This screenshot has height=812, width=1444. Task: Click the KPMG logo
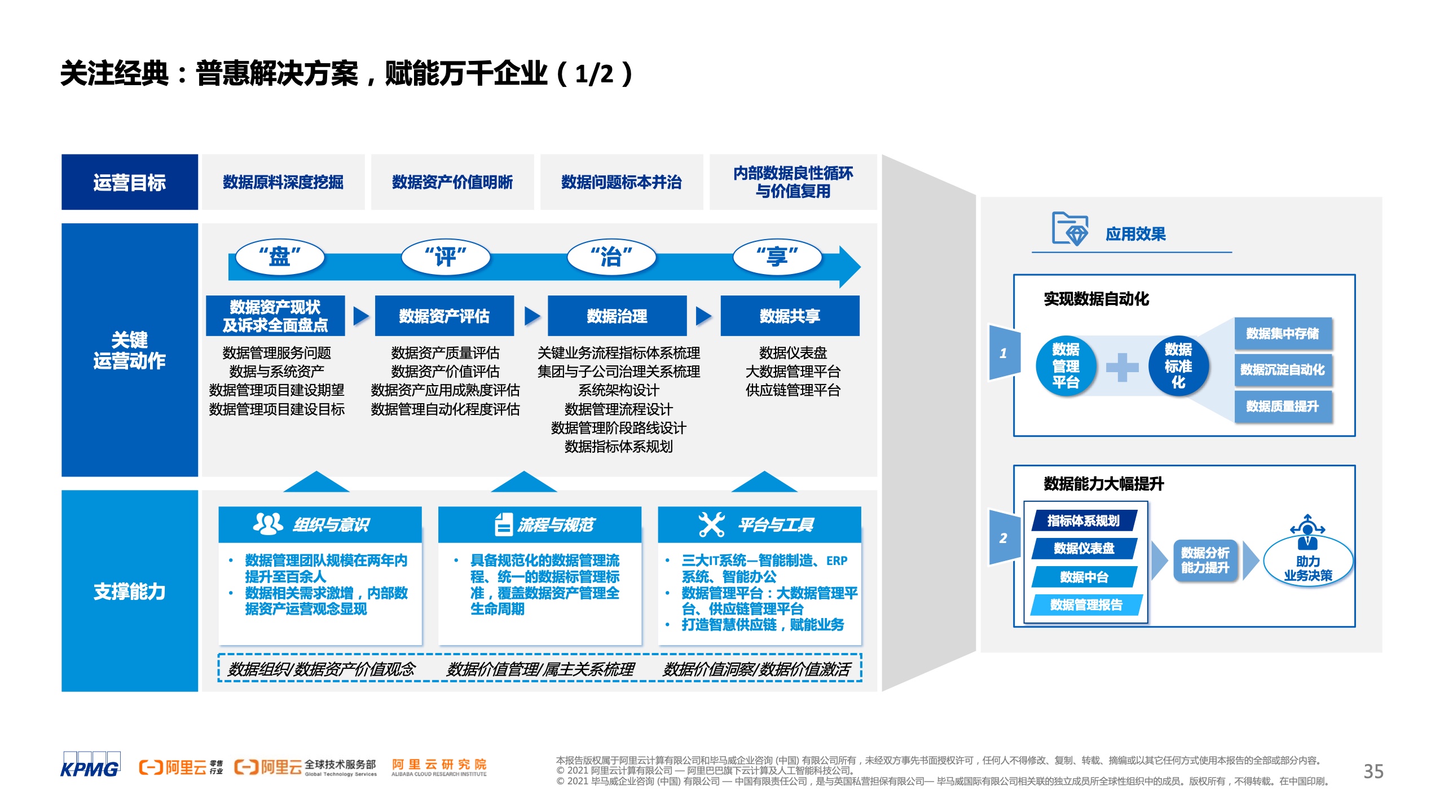90,765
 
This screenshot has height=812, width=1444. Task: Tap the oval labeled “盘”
280,257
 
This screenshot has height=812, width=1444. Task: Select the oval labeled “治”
611,257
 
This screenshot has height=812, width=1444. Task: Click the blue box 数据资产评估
444,316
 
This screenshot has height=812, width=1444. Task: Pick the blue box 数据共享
790,316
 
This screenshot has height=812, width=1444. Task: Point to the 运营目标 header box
130,182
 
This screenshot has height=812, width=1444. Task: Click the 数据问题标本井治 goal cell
622,182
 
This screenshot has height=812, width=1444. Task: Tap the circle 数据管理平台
1066,366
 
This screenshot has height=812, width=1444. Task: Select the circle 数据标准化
1178,366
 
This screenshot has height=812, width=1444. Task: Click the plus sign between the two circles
1122,367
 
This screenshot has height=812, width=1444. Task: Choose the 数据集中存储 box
1283,333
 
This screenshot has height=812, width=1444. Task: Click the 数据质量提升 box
1283,406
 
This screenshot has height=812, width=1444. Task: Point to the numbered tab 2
1005,537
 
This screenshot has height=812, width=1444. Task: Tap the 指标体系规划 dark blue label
1084,520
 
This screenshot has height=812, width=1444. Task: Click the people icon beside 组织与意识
268,524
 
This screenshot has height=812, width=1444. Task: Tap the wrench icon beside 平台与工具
711,524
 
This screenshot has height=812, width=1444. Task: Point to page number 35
1373,771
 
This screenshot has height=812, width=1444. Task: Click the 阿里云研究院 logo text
439,767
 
